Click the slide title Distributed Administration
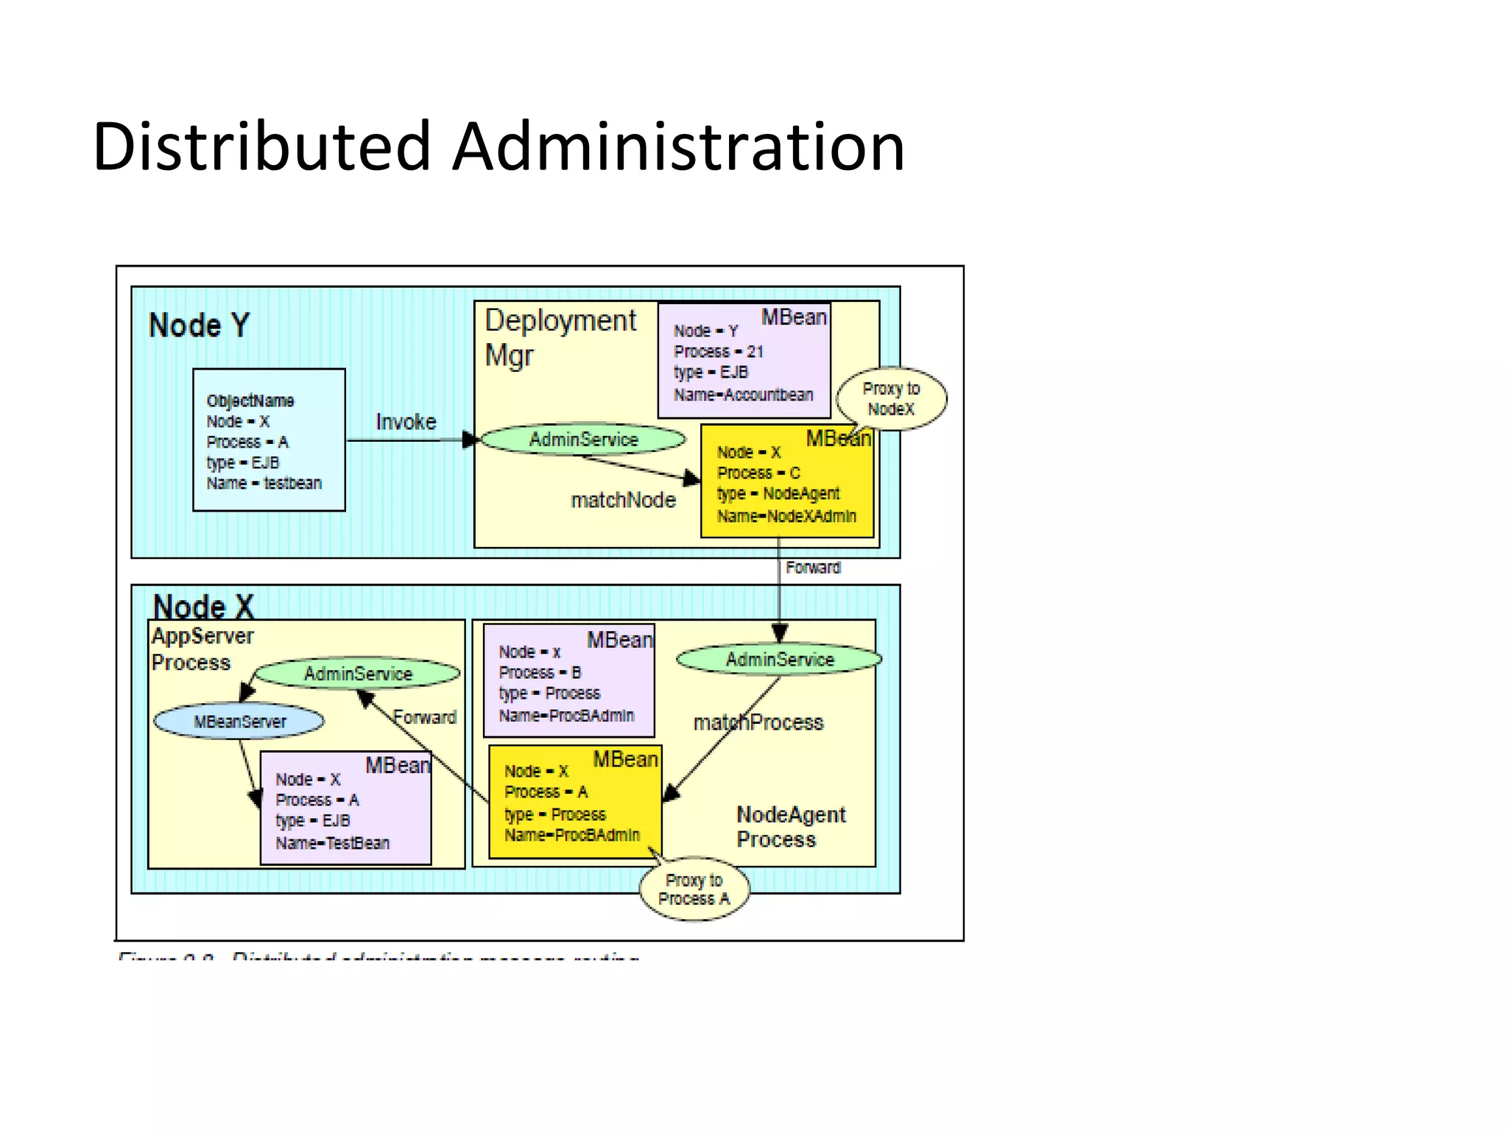pos(498,147)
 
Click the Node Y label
pos(199,325)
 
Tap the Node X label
pos(203,607)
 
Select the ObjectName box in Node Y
pos(269,440)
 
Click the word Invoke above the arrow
pos(406,422)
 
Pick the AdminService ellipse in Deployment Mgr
pos(583,440)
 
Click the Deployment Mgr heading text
pos(560,337)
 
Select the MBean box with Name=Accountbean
pos(744,361)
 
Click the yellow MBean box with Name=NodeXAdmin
pos(786,482)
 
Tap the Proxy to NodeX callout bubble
pos(891,398)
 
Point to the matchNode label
pos(623,501)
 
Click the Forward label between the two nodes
pos(812,568)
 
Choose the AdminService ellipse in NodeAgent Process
pos(779,659)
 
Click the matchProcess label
pos(758,722)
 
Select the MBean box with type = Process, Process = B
pos(568,682)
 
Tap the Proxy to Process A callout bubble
pos(694,889)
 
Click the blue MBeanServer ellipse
pos(239,722)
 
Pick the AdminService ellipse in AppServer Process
pos(358,673)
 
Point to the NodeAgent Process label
pos(790,827)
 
